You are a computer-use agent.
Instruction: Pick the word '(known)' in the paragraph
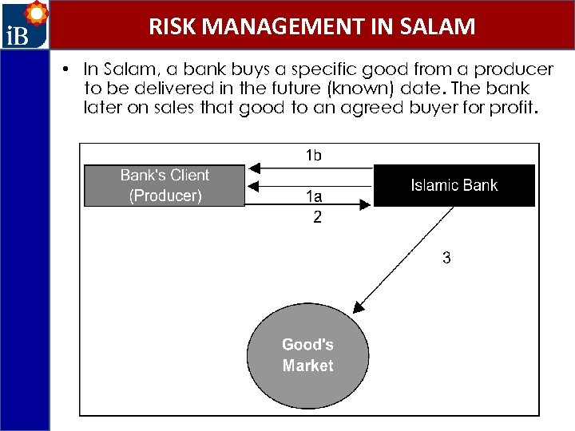coord(360,89)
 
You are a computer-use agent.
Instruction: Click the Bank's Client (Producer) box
coord(165,186)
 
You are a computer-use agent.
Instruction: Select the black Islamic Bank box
coord(454,186)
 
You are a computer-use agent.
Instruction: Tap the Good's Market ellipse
coord(307,355)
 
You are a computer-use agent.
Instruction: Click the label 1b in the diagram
coord(314,156)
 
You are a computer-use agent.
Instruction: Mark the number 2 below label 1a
coord(317,217)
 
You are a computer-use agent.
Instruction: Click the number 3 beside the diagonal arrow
coord(446,258)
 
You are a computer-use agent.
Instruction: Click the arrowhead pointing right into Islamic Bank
coord(366,204)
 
